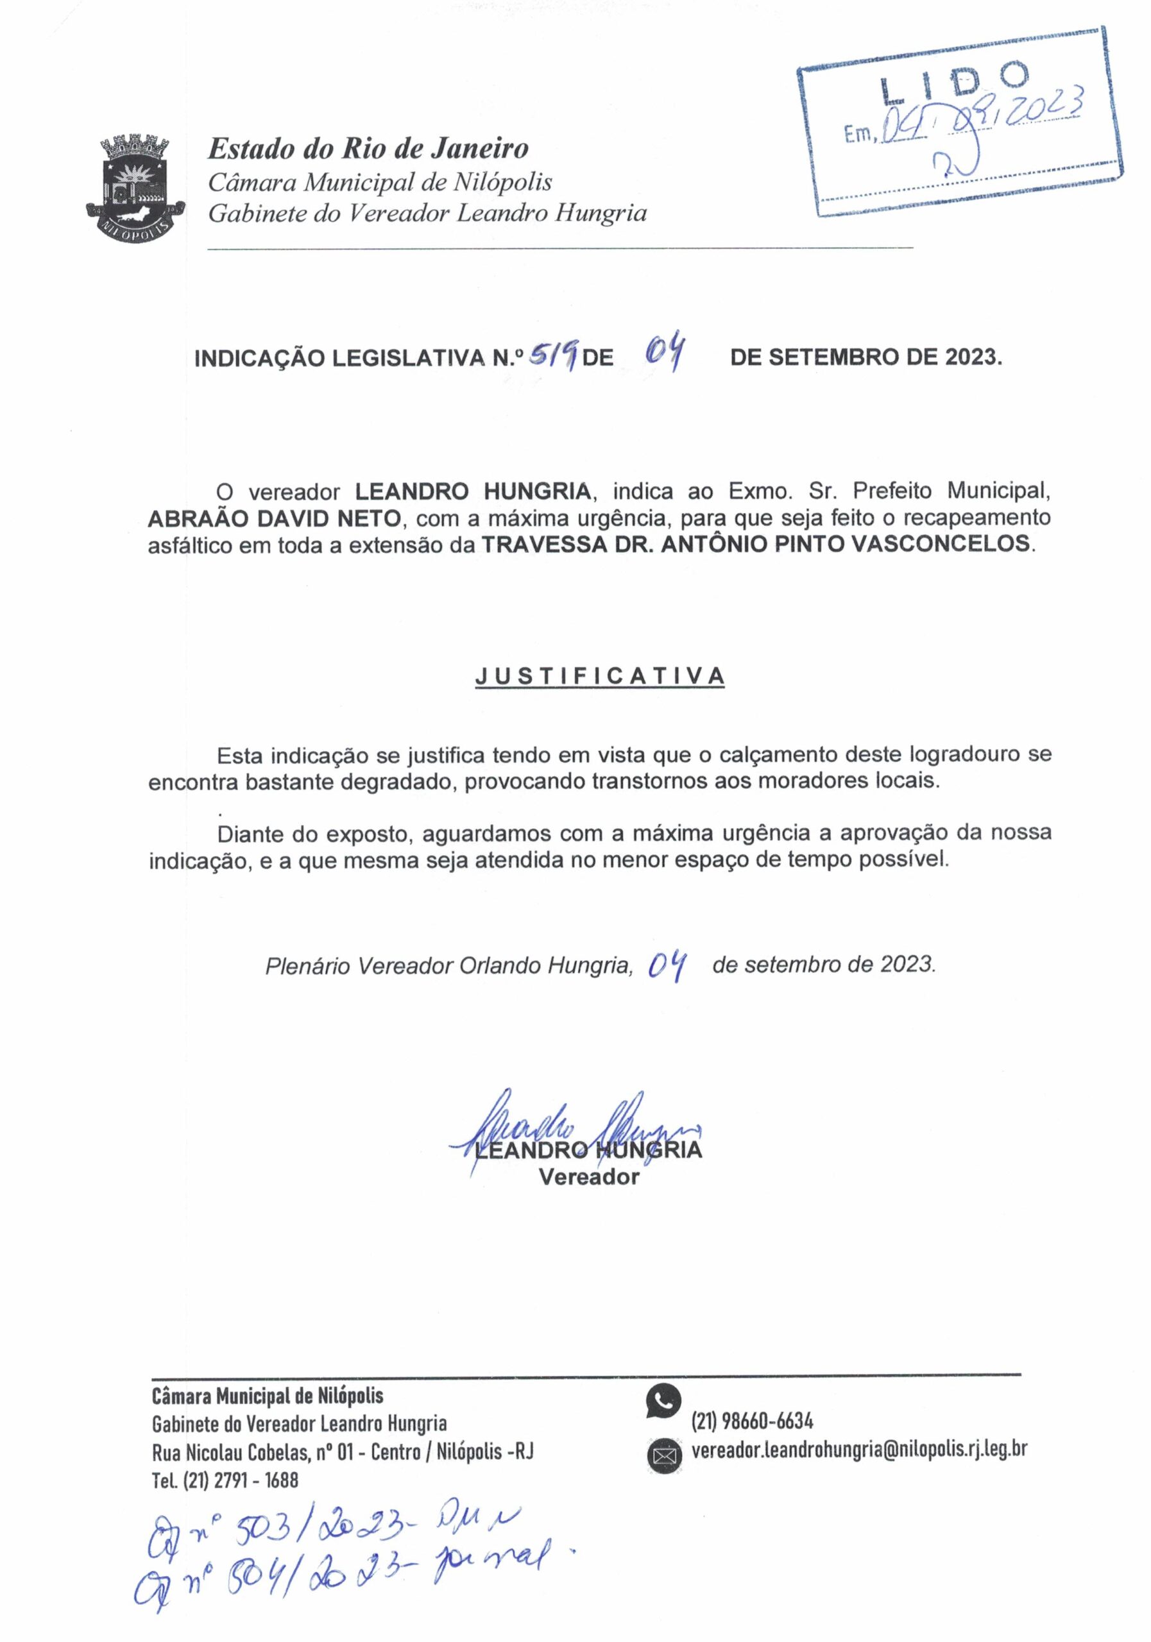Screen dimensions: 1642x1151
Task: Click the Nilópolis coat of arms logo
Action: tap(135, 187)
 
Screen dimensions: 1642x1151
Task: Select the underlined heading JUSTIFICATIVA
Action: tap(599, 676)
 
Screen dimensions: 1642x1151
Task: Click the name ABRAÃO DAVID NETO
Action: tap(274, 517)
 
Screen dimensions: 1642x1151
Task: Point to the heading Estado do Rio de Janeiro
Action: tap(368, 149)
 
